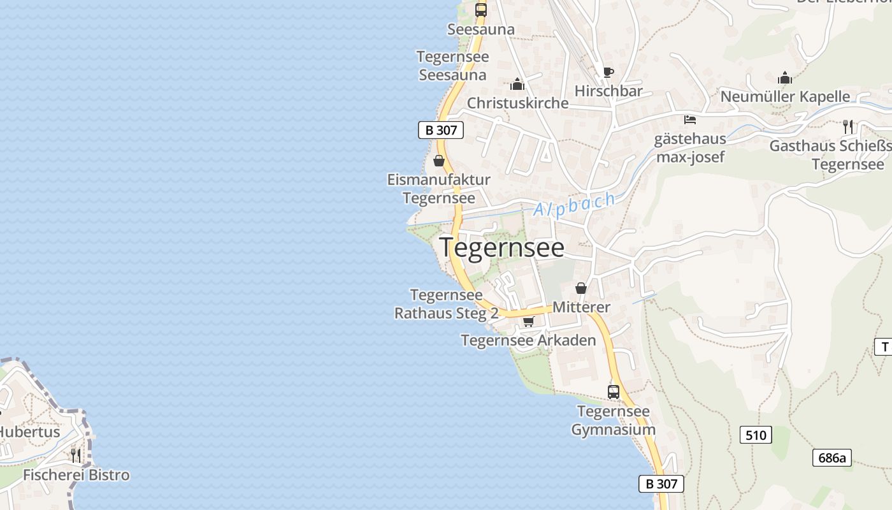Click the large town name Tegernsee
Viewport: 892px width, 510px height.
click(x=501, y=247)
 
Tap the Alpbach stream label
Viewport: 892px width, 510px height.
click(x=575, y=204)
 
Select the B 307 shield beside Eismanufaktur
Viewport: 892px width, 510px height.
click(x=441, y=130)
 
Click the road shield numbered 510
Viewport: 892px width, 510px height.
click(x=756, y=435)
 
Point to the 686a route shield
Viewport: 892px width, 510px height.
click(x=832, y=458)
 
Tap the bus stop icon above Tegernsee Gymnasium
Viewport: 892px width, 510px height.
click(x=613, y=392)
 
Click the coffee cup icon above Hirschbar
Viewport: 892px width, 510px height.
click(x=608, y=72)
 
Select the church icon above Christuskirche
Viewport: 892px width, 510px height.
click(x=517, y=84)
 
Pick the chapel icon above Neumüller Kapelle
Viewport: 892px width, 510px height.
click(x=785, y=78)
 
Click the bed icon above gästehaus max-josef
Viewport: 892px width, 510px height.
click(x=689, y=119)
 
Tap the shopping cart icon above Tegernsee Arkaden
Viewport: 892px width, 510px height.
click(x=528, y=321)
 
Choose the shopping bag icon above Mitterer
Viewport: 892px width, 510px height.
click(x=581, y=288)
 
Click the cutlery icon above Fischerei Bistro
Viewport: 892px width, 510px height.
click(x=76, y=455)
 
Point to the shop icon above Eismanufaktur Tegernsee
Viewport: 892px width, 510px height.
click(x=439, y=161)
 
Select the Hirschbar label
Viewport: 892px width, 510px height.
click(x=608, y=91)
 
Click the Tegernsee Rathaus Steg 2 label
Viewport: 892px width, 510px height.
click(x=446, y=305)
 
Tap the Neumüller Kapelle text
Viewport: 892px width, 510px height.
click(x=785, y=97)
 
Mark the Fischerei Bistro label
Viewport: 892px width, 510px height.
click(x=76, y=475)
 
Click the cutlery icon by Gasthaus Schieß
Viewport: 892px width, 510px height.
click(x=847, y=126)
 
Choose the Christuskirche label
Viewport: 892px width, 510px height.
click(x=517, y=103)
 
